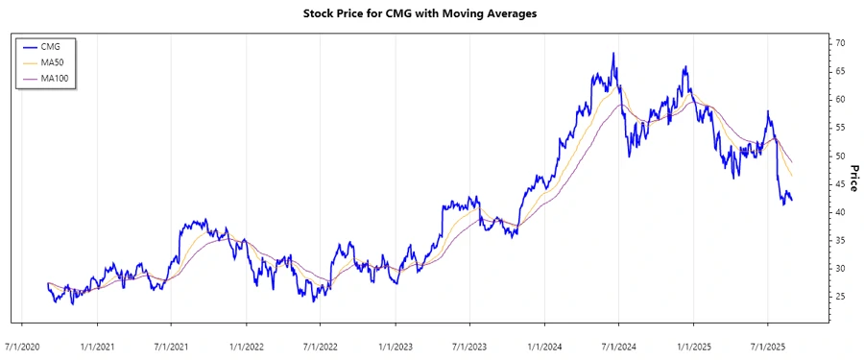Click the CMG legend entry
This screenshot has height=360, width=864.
pyautogui.click(x=50, y=45)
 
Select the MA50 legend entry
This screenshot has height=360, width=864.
pyautogui.click(x=52, y=61)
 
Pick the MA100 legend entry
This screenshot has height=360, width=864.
pyautogui.click(x=54, y=78)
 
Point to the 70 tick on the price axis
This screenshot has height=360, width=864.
pyautogui.click(x=840, y=43)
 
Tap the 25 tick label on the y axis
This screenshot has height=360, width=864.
pyautogui.click(x=840, y=297)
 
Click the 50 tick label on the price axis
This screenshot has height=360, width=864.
pyautogui.click(x=840, y=156)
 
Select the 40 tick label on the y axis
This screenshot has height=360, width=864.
pyautogui.click(x=840, y=212)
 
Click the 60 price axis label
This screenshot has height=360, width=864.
pyautogui.click(x=840, y=99)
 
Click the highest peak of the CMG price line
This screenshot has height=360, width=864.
pyautogui.click(x=613, y=54)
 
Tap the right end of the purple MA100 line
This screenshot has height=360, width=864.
pyautogui.click(x=792, y=161)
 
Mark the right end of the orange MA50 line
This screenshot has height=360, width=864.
pyautogui.click(x=792, y=176)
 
